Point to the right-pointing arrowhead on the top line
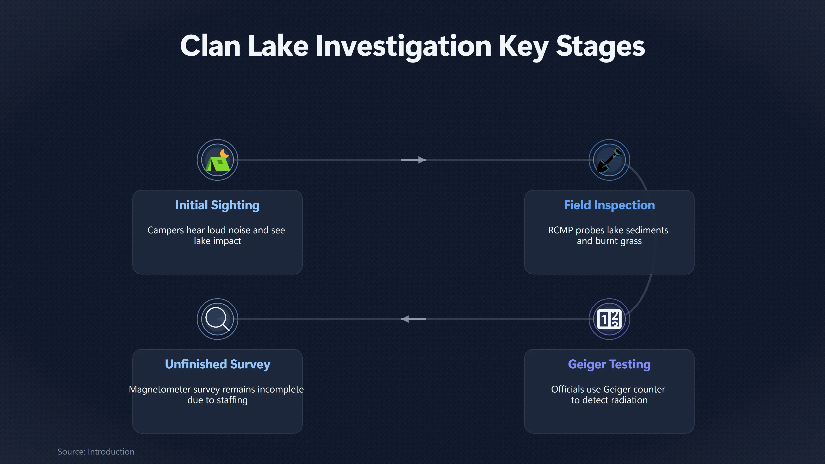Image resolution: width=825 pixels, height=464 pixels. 422,160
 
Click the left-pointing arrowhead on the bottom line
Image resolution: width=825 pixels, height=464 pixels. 405,319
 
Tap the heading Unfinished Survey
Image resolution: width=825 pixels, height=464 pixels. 217,364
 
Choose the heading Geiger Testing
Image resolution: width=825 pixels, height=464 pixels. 609,364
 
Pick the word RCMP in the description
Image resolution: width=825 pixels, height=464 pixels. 561,230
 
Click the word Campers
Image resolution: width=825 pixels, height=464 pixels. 166,230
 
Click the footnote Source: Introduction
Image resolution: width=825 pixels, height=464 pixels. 96,452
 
